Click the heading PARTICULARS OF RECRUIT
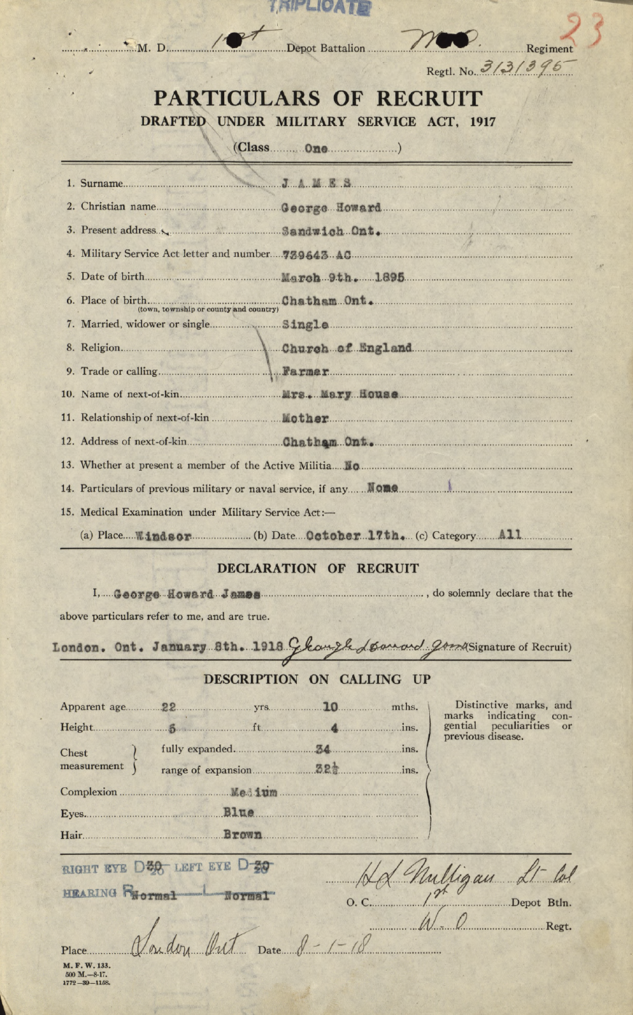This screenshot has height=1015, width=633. [x=317, y=98]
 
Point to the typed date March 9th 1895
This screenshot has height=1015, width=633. [x=343, y=277]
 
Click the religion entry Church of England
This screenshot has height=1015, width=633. [x=347, y=348]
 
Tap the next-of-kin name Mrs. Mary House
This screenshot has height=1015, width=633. [x=340, y=395]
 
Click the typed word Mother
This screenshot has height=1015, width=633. [x=306, y=418]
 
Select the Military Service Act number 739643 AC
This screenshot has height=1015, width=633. [x=316, y=255]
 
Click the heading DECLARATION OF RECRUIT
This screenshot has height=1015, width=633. [x=317, y=568]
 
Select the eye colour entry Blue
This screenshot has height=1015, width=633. [x=239, y=813]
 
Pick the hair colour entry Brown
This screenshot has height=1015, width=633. [x=242, y=835]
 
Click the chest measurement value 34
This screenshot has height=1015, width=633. [x=323, y=749]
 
